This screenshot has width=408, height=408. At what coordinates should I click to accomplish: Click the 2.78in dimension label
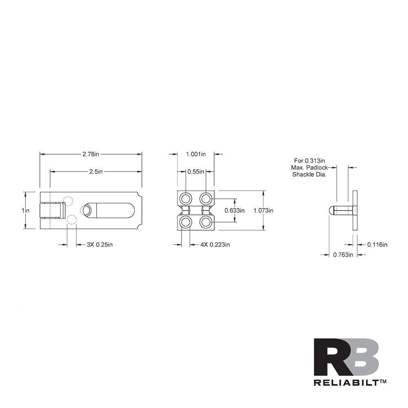tap(91, 154)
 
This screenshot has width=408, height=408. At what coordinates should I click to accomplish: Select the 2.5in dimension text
tap(96, 172)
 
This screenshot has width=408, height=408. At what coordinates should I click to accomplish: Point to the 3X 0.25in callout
tap(100, 245)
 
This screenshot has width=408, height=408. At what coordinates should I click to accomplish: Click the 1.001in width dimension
tap(196, 154)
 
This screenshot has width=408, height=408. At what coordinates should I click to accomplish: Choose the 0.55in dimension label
tap(195, 172)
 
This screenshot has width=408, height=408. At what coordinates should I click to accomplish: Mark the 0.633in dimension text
tap(235, 211)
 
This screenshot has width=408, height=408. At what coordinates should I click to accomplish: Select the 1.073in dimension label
tap(263, 211)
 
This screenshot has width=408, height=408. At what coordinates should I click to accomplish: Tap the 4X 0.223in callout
tap(215, 245)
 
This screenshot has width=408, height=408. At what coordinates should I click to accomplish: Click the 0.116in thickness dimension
tap(377, 245)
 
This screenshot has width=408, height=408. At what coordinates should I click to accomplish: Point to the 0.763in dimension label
tap(343, 255)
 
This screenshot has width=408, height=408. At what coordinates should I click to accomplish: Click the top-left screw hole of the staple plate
tap(186, 199)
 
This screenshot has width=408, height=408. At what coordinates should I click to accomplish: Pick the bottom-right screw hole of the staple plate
tap(206, 222)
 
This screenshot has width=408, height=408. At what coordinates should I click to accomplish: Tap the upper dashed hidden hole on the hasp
tap(68, 201)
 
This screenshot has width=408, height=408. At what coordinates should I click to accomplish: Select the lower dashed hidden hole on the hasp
tap(72, 220)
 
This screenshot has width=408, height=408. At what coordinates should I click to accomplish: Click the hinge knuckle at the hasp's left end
tap(51, 211)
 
